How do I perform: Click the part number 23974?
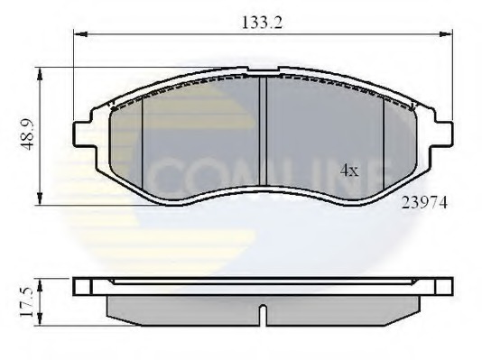tap(424, 205)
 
